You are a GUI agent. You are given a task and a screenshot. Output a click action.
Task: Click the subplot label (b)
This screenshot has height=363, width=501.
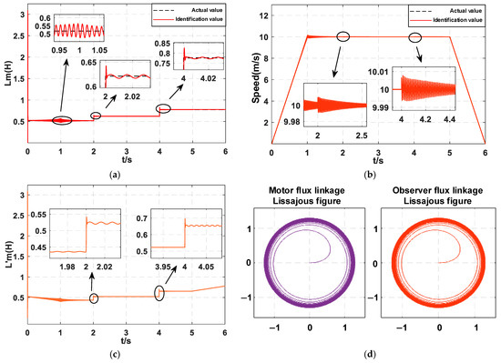point(379,172)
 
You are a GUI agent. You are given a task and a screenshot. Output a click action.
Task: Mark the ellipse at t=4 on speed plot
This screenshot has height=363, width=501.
point(415,37)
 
